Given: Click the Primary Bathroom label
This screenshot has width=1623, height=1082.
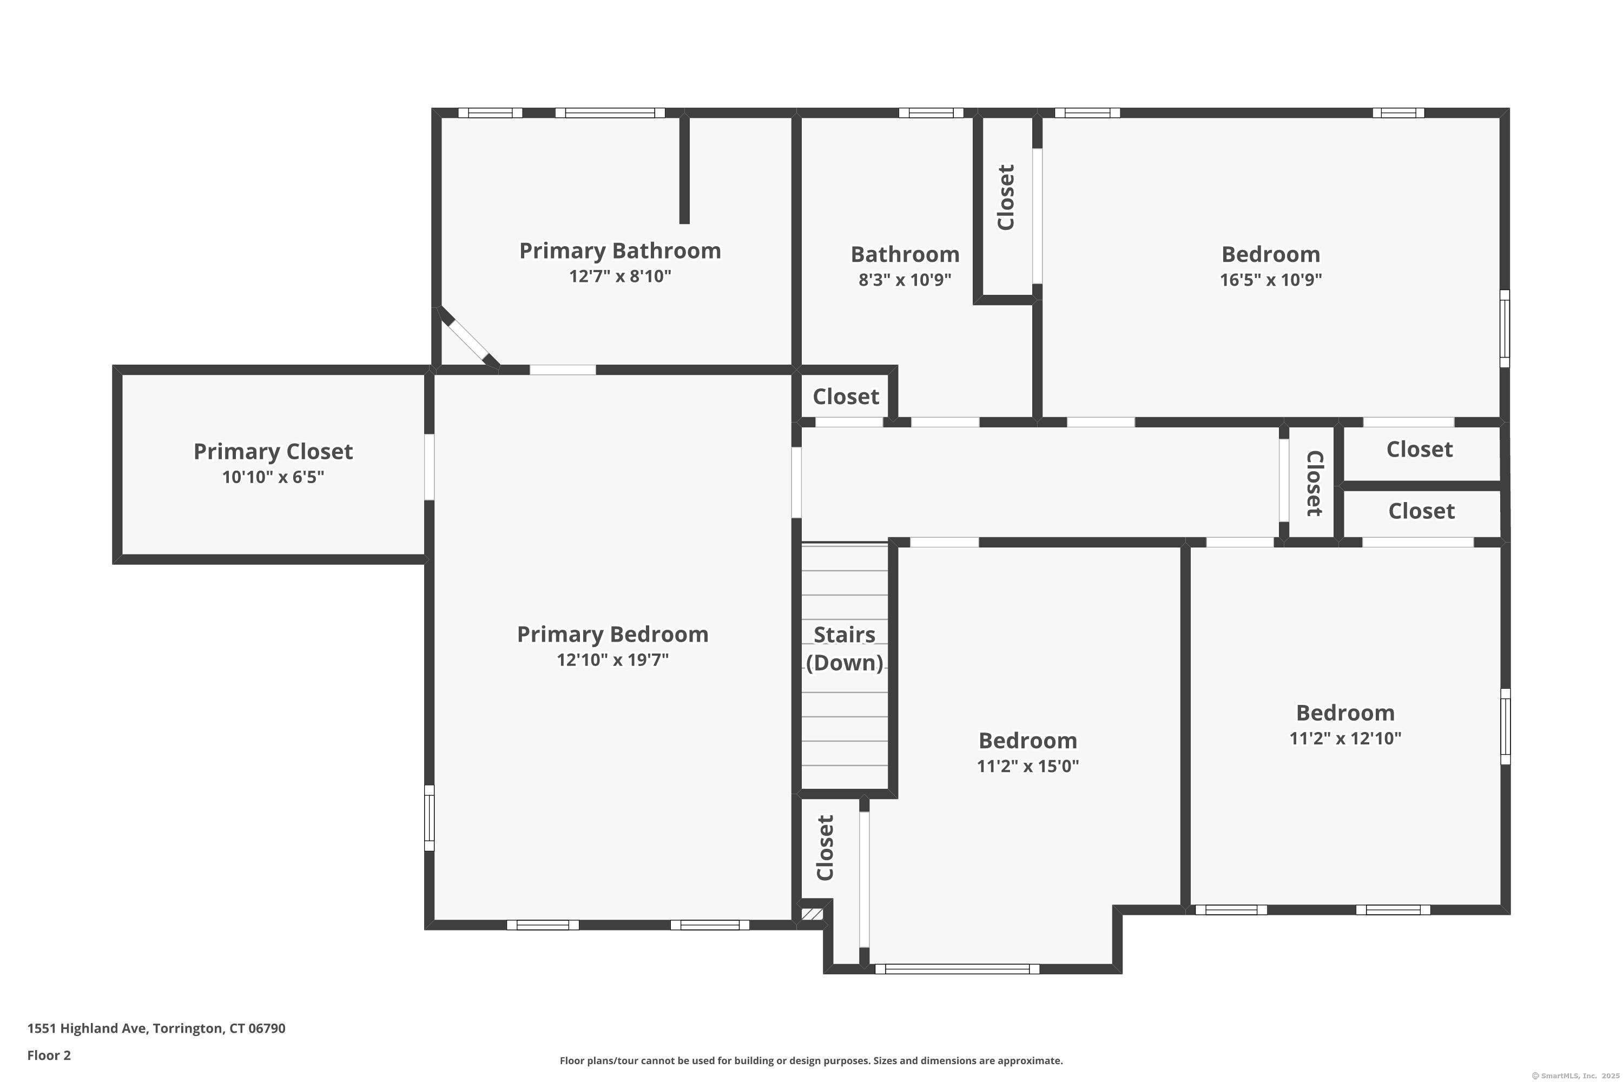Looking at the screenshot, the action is point(619,250).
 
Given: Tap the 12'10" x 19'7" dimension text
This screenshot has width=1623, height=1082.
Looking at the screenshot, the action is point(613,659).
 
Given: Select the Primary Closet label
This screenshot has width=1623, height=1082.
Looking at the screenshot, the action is point(273,452).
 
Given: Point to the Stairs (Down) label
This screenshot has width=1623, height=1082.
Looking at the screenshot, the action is point(845,649).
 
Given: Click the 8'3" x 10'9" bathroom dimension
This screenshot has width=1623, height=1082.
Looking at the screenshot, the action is point(905,280).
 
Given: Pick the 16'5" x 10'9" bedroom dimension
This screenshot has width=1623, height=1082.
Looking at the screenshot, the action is point(1270,280).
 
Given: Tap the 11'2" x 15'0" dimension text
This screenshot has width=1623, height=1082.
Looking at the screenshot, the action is point(1027,766).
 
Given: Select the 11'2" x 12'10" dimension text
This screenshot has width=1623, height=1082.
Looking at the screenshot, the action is point(1345,738).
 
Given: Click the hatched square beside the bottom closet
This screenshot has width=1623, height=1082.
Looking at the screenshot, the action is point(812,914).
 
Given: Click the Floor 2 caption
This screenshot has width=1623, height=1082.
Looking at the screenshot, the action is point(49,1055).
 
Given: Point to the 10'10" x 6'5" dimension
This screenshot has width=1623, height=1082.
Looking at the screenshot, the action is point(273,477).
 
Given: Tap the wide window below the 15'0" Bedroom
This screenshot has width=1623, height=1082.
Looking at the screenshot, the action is point(957,969).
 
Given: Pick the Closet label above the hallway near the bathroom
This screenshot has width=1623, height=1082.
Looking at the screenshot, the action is point(846,397).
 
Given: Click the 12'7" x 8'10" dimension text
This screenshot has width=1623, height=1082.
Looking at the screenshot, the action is point(619,276).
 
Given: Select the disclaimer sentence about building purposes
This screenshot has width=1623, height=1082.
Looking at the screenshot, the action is point(811,1060).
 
